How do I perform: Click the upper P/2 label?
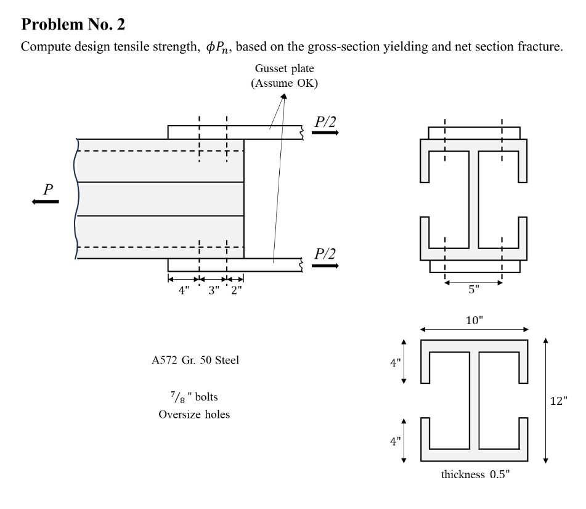pyautogui.click(x=325, y=121)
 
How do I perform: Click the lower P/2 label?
pyautogui.click(x=325, y=253)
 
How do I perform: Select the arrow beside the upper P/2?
pyautogui.click(x=325, y=133)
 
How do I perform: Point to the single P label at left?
pyautogui.click(x=47, y=190)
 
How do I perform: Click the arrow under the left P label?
pyautogui.click(x=46, y=202)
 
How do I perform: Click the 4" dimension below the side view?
pyautogui.click(x=184, y=290)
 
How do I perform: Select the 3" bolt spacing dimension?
pyautogui.click(x=213, y=290)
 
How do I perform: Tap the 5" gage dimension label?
pyautogui.click(x=473, y=290)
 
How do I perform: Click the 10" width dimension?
pyautogui.click(x=473, y=320)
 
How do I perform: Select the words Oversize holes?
pyautogui.click(x=194, y=414)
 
